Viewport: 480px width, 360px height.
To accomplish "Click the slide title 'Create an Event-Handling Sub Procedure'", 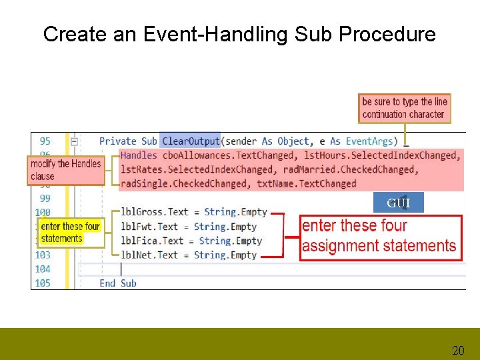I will pos(239,34).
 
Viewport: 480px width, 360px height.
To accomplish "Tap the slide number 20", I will pos(458,350).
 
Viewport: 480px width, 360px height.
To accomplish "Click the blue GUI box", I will pos(399,203).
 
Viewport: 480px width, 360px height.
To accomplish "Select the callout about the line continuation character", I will pos(404,108).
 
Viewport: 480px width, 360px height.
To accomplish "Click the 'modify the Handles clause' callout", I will pos(66,170).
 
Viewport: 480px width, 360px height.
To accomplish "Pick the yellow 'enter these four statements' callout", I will pos(71,233).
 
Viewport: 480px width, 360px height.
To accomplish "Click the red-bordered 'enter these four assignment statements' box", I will pos(379,236).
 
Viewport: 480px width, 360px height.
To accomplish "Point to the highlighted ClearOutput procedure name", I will pos(191,141).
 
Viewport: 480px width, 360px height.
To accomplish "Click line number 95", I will pos(45,141).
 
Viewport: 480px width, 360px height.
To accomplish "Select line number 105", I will pos(43,283).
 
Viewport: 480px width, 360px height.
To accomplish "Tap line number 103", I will pos(43,255).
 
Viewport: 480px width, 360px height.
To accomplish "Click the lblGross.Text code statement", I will pos(193,212).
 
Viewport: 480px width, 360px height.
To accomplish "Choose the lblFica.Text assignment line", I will pos(191,241).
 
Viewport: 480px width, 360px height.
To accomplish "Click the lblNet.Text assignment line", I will pos(189,255).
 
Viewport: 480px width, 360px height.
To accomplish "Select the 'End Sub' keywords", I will pos(118,283).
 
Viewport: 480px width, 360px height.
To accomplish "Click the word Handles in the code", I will pos(139,155).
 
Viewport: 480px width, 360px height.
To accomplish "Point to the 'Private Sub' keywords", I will pos(128,141).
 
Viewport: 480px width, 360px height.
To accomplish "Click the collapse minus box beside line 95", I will pos(75,141).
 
